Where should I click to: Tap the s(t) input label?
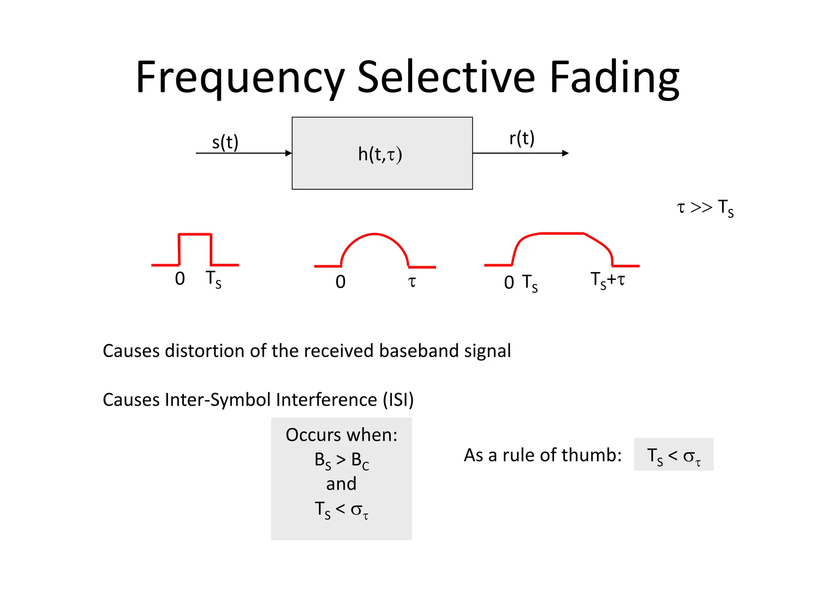pyautogui.click(x=225, y=142)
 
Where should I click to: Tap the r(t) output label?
pyautogui.click(x=522, y=138)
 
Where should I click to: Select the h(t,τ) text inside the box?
pyautogui.click(x=380, y=154)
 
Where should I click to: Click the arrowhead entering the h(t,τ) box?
pyautogui.click(x=289, y=153)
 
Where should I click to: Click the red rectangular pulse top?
pyautogui.click(x=195, y=234)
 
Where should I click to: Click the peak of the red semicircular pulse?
pyautogui.click(x=374, y=234)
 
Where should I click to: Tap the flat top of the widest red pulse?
pyautogui.click(x=562, y=233)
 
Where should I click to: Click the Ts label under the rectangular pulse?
pyautogui.click(x=213, y=279)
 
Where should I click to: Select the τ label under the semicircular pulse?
pyautogui.click(x=412, y=282)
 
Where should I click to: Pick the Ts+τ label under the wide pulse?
pyautogui.click(x=607, y=280)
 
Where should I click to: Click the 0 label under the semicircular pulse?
pyautogui.click(x=340, y=282)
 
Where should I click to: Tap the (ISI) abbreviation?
pyautogui.click(x=398, y=400)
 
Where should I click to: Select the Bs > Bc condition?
pyautogui.click(x=341, y=461)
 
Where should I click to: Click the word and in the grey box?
pyautogui.click(x=341, y=484)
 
